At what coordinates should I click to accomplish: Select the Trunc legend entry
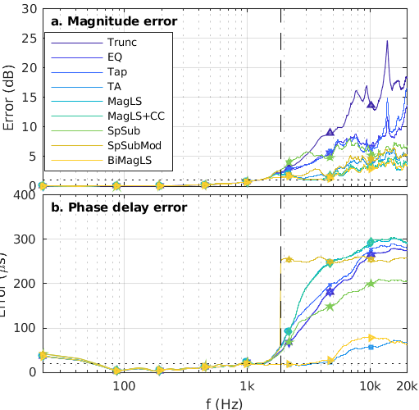tap(121, 42)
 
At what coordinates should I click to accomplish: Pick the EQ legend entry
tap(116, 57)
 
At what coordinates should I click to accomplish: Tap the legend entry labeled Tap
tap(117, 73)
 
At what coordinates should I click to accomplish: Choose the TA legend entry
tap(115, 89)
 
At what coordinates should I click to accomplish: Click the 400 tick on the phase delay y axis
tap(24, 195)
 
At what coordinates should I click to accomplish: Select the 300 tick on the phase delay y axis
tap(24, 239)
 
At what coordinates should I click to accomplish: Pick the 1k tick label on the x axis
tap(246, 385)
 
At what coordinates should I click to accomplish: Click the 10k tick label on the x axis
tap(370, 385)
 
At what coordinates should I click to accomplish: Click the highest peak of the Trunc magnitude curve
tap(386, 41)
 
